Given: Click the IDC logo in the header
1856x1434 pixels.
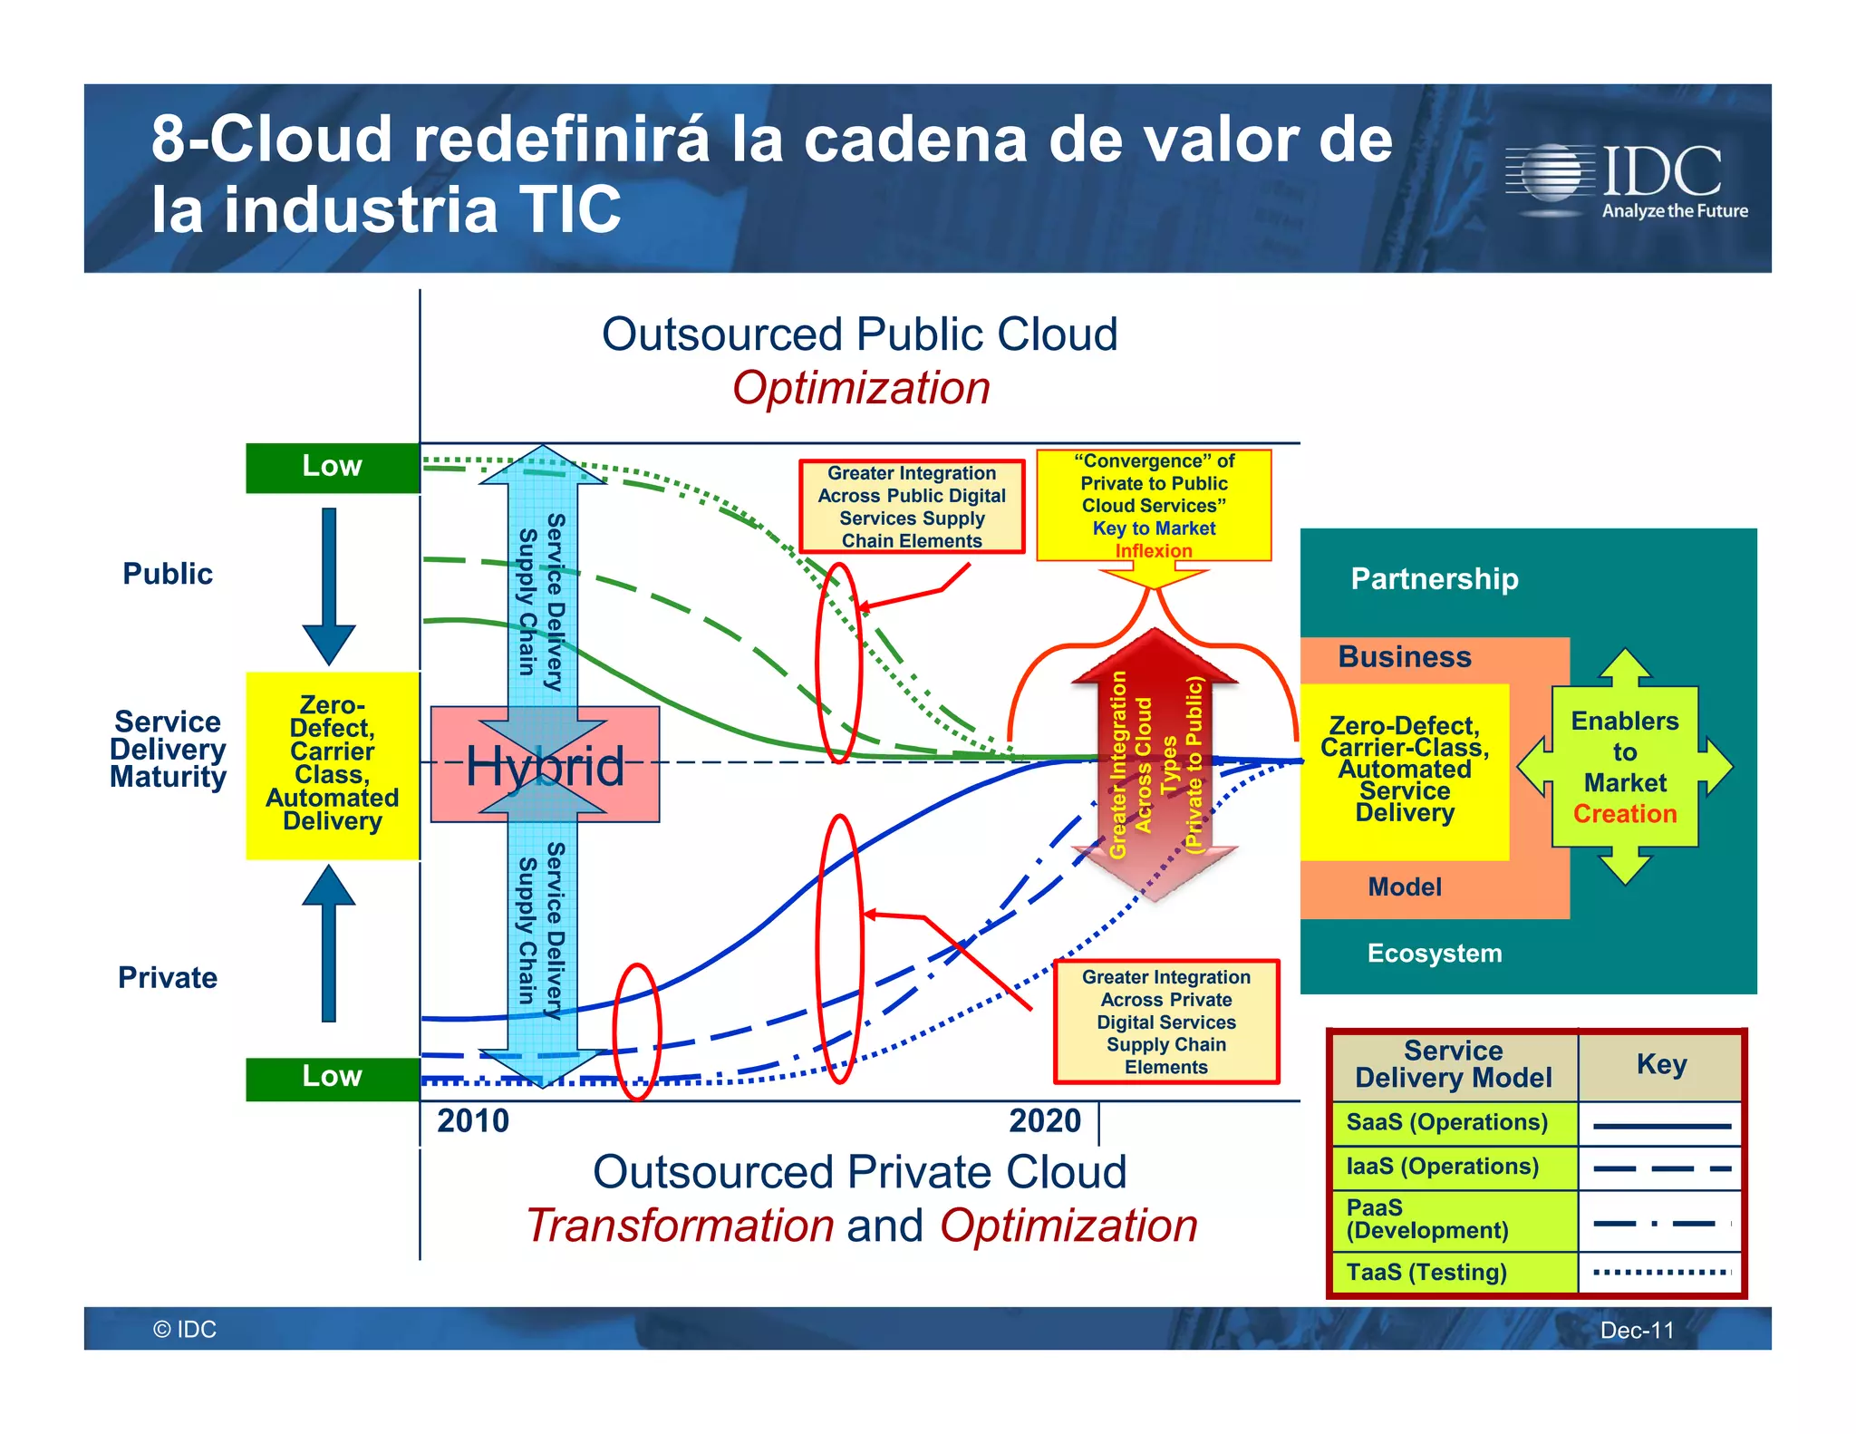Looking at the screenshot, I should pos(1628,179).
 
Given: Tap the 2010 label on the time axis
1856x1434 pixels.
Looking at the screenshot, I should pos(472,1121).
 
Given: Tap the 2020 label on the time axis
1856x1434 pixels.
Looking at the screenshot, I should pos(1044,1121).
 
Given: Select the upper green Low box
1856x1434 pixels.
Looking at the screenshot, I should pos(332,467).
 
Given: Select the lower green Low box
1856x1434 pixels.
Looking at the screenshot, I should pos(332,1077).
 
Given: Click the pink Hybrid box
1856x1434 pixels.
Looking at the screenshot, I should pos(545,765).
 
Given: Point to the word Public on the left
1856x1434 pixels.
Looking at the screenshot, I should pos(168,574).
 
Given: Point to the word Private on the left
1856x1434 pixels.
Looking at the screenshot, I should pos(168,978).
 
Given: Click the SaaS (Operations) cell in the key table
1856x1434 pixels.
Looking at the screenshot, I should pos(1454,1122).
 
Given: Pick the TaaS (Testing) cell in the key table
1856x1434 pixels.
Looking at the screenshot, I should pos(1454,1272).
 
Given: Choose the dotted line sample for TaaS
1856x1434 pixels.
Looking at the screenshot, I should pos(1660,1272).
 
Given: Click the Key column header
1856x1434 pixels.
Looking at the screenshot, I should pos(1660,1064).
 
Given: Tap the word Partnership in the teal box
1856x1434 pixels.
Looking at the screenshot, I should pos(1434,579).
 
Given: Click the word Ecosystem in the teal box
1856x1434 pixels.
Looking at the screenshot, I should pos(1434,954).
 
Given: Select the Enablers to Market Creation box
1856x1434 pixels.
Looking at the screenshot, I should pos(1624,767).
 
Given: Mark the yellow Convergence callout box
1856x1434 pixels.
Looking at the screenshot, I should pos(1153,505).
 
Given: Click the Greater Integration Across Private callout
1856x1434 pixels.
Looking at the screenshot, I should pos(1165,1022).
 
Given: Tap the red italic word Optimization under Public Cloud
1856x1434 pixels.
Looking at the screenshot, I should pos(860,389).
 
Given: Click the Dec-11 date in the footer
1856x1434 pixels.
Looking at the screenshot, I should pos(1636,1330).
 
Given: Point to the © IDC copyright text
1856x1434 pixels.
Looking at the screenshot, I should pos(185,1330).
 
